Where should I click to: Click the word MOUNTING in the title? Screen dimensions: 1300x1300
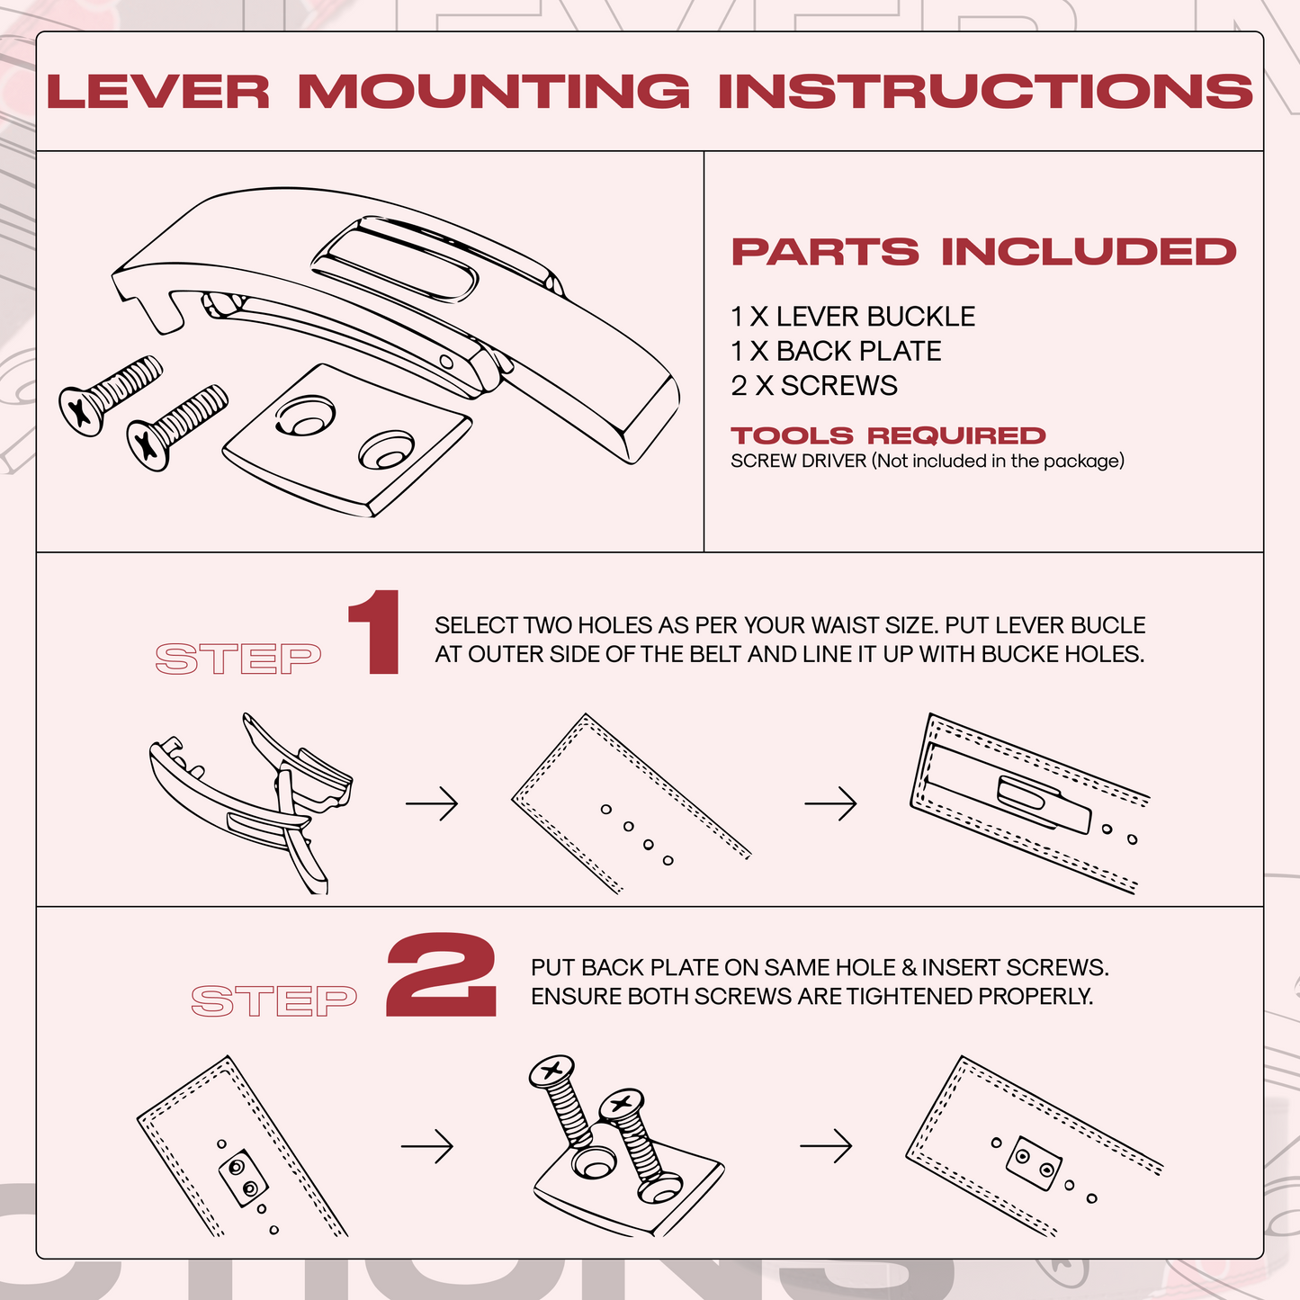[x=493, y=92]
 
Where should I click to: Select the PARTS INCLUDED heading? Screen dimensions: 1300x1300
[x=983, y=252]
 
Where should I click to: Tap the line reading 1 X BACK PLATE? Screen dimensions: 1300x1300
[x=836, y=351]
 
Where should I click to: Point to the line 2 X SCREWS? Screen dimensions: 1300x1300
[x=813, y=385]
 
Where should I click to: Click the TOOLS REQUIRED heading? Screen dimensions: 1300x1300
[x=888, y=435]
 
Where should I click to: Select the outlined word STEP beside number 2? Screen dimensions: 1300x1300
[x=274, y=1000]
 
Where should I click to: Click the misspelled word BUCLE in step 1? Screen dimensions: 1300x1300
[x=1114, y=625]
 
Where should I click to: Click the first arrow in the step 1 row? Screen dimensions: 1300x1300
[x=432, y=802]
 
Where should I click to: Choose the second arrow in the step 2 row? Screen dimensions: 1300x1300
[x=826, y=1146]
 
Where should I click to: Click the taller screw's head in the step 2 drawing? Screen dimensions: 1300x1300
[x=551, y=1071]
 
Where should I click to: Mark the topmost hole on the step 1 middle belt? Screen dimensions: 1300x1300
[x=606, y=810]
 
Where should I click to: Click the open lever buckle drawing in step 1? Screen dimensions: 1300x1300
[x=252, y=796]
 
